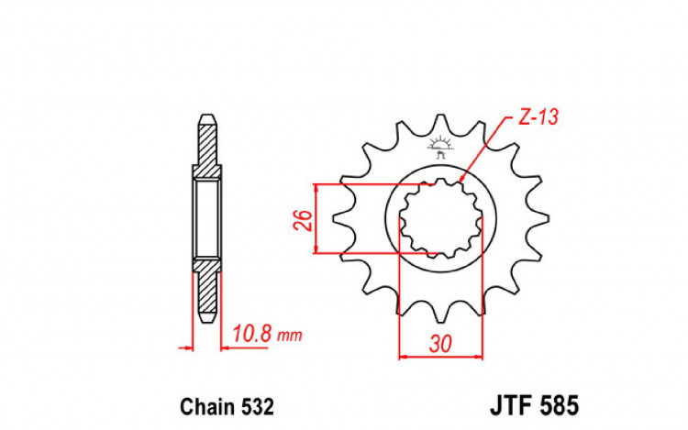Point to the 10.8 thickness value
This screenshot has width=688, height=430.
pyautogui.click(x=252, y=335)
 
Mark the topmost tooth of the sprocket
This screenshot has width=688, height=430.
pyautogui.click(x=442, y=124)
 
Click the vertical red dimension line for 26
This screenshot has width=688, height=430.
pyautogui.click(x=317, y=218)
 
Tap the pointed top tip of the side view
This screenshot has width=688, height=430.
pyautogui.click(x=207, y=118)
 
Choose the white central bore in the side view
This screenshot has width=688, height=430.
pyautogui.click(x=207, y=219)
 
